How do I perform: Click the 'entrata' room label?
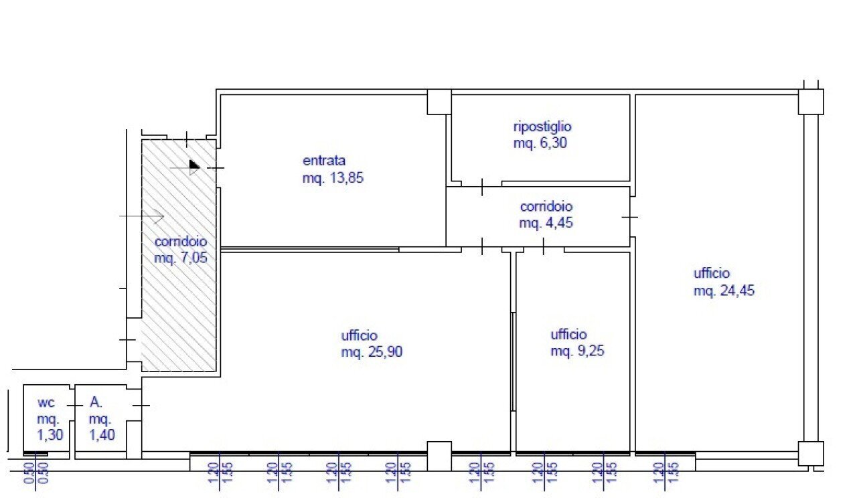click(324, 161)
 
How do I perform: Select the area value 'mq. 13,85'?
click(333, 178)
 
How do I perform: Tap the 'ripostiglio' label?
click(542, 126)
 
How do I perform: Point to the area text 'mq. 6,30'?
click(540, 142)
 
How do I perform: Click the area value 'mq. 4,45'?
click(546, 223)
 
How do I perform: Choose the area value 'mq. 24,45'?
click(724, 290)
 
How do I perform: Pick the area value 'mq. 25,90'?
click(372, 351)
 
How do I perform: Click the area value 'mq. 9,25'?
click(577, 351)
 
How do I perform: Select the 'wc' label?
click(46, 403)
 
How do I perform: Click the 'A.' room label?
click(96, 403)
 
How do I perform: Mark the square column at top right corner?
click(810, 102)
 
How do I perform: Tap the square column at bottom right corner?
click(810, 453)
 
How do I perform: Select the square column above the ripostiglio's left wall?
click(439, 102)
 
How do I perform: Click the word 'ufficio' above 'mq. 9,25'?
click(568, 335)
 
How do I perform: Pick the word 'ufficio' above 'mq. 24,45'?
click(712, 273)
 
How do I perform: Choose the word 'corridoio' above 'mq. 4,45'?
click(546, 207)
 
